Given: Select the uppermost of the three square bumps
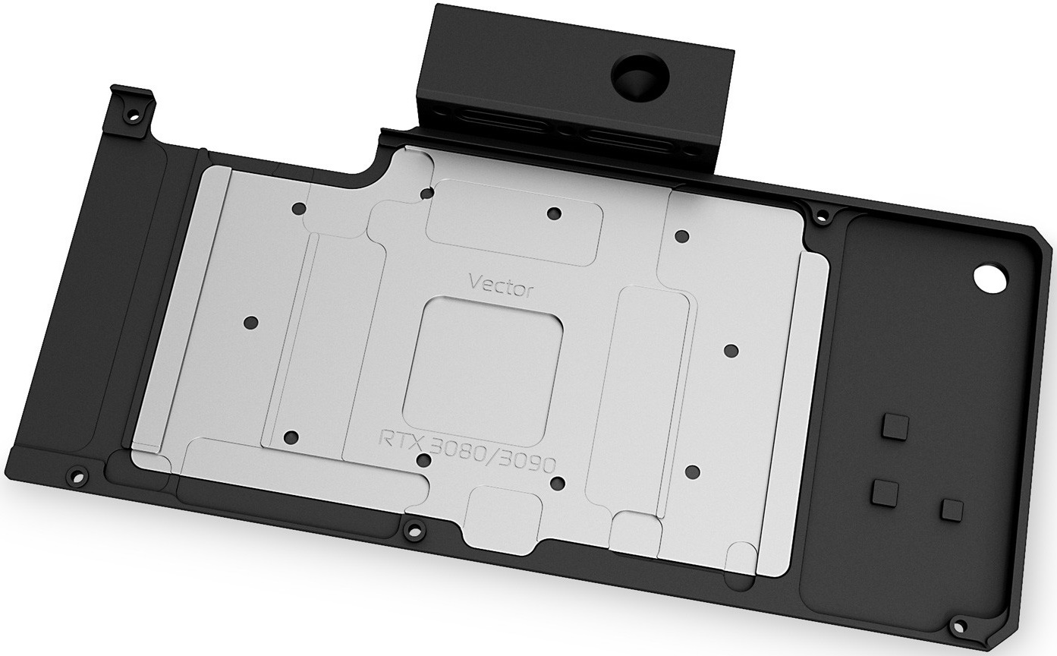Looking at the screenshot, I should point(895,428).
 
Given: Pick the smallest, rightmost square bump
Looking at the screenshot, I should point(952,510).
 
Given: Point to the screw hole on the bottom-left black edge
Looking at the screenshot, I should point(75,477).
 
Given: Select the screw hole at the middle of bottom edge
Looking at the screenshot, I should point(412,528).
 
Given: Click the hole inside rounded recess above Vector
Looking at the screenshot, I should point(554,213).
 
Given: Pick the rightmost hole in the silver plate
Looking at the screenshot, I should point(731,351).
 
